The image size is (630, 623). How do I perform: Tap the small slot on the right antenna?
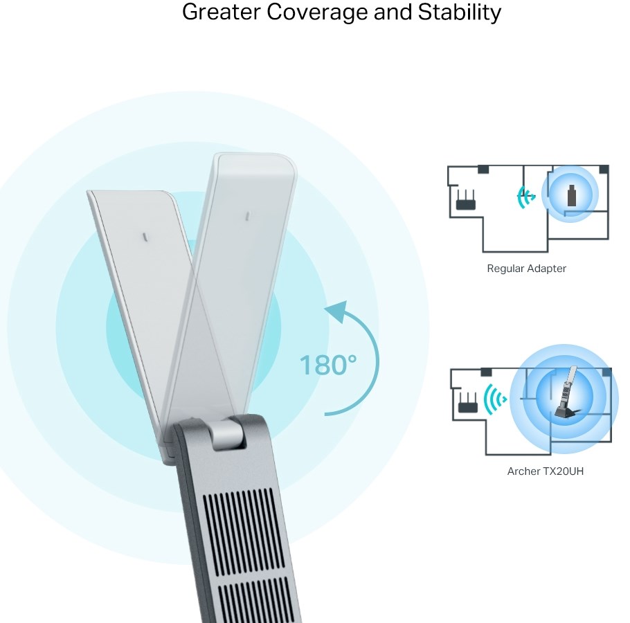point(246,216)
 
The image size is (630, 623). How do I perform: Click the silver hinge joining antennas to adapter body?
point(226,435)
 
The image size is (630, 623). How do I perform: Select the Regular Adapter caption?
point(526,269)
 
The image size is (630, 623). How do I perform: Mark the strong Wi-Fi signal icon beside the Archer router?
point(494,399)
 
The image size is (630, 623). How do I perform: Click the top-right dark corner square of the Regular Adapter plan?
point(604,169)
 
